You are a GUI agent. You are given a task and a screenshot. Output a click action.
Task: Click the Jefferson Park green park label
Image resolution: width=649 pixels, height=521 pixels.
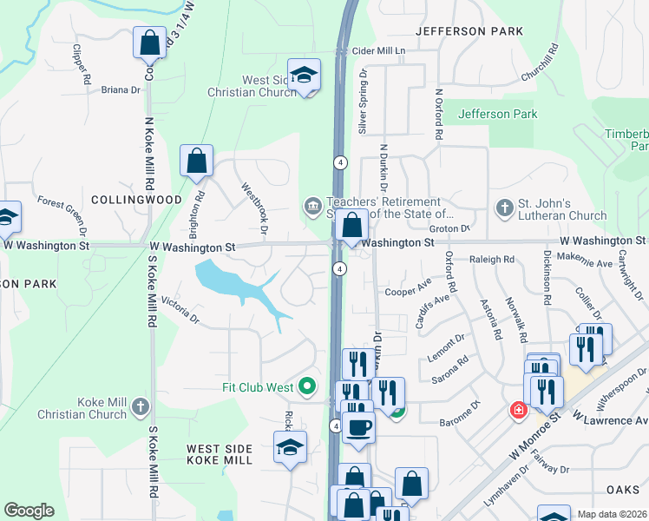[x=498, y=114]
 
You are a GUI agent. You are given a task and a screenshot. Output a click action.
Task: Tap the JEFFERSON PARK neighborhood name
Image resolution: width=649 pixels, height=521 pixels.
[x=469, y=31]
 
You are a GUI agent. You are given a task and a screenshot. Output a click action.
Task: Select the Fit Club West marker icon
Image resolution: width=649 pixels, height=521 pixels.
[x=306, y=386]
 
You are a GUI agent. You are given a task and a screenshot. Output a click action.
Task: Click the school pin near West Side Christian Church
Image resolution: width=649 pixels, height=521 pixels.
[x=305, y=75]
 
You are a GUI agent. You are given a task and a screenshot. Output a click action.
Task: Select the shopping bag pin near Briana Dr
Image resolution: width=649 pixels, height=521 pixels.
[x=149, y=42]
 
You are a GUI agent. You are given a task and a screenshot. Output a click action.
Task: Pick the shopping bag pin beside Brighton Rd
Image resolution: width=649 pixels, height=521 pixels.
[x=197, y=161]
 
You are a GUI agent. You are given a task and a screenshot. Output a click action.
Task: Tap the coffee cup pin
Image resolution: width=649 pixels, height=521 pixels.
[x=357, y=427]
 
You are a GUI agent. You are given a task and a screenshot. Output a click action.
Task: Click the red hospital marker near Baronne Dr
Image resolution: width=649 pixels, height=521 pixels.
[x=518, y=410]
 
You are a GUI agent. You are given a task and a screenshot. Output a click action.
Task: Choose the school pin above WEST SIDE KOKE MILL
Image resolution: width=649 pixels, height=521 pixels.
[x=291, y=447]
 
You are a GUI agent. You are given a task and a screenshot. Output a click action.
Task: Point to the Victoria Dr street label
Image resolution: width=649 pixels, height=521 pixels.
[x=180, y=314]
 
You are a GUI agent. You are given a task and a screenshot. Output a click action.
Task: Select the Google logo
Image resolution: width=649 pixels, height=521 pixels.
[x=29, y=511]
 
